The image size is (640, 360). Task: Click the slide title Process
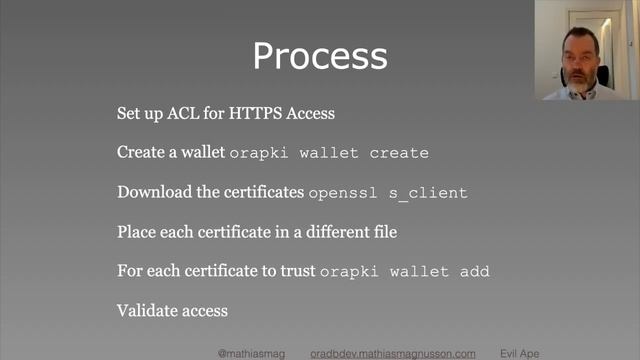319,55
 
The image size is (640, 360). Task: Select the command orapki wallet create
329,153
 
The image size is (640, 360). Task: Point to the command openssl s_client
388,193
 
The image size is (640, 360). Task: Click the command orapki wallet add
404,272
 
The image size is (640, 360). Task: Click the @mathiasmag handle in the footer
253,353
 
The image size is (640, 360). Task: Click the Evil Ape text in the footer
519,353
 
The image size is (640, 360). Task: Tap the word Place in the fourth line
136,232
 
